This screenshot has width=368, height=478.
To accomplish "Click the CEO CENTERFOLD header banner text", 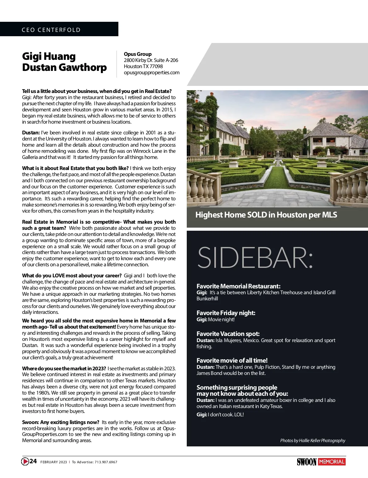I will click(51, 30).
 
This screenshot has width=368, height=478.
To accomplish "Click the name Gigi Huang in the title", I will click(49, 56).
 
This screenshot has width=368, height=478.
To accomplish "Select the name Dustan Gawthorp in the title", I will click(64, 67).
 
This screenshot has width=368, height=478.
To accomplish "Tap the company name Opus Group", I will click(138, 54).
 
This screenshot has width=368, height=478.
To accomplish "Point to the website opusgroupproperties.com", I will click(151, 72).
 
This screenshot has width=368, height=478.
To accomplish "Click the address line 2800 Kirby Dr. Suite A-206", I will click(151, 60).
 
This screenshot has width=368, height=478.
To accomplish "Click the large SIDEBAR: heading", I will click(255, 258).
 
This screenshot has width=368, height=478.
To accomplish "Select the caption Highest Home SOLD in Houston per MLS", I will click(266, 215).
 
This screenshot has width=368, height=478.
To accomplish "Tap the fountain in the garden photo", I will click(278, 158).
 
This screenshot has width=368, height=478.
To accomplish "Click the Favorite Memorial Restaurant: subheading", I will click(238, 286).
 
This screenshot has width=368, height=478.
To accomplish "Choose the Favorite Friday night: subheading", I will click(226, 313).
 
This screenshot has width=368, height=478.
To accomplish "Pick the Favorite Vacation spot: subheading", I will click(228, 334).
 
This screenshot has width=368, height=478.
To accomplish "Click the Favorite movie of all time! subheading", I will click(232, 360).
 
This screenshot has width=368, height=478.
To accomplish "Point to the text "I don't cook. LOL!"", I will click(226, 414).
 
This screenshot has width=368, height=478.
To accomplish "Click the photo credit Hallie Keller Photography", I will click(312, 441).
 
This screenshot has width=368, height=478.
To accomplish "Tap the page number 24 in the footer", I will click(33, 461).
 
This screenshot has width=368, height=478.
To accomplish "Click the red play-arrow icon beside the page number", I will click(25, 461).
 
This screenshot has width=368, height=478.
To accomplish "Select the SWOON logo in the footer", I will click(306, 462).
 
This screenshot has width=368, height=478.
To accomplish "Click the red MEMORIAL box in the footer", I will click(332, 462).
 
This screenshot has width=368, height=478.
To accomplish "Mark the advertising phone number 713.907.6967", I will click(106, 462).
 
